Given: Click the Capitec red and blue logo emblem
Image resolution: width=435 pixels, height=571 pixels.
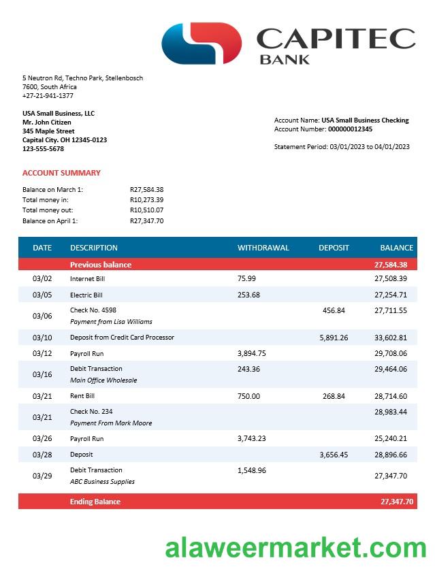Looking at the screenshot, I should (202, 44).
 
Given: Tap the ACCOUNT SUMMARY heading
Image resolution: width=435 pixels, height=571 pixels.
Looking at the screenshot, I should (61, 173).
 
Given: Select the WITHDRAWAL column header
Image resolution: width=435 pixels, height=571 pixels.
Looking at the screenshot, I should (263, 248).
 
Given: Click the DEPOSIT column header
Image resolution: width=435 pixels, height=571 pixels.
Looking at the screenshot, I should (334, 248).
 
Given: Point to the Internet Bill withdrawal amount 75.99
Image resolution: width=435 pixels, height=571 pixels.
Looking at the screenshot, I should (246, 278).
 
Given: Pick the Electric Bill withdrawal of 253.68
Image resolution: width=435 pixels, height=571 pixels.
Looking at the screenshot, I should (248, 295).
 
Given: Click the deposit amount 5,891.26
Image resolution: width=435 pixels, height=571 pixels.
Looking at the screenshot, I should (334, 338).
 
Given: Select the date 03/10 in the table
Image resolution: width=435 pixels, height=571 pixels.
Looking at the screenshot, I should (42, 338).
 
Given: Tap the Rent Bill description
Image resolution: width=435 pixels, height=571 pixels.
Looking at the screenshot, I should (82, 396).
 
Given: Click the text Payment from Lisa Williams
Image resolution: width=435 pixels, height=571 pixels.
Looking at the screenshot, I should (111, 322).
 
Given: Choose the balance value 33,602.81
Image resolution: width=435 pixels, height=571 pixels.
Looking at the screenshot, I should (391, 338).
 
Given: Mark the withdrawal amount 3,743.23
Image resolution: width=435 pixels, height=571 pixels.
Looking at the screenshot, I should (252, 439).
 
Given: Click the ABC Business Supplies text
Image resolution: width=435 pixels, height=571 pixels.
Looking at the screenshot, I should (102, 482).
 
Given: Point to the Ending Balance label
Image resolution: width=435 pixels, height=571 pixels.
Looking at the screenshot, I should (95, 502).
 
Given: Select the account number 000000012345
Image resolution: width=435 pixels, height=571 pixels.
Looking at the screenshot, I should (350, 129).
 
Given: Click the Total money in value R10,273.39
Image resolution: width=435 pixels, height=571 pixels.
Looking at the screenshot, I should (146, 200).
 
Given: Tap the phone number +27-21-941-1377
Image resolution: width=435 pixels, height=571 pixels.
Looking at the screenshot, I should (48, 96).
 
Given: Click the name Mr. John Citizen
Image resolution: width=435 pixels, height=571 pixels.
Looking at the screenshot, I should (46, 123).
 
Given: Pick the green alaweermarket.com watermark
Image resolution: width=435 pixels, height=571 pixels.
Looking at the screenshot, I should (295, 546).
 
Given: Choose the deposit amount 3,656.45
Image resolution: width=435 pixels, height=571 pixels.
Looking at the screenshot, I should (334, 455).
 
